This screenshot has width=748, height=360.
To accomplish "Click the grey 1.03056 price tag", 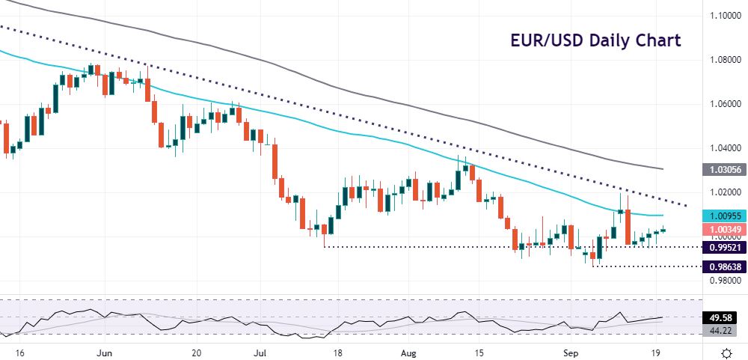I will [723, 170].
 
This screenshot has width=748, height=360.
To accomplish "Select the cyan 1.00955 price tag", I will [723, 214].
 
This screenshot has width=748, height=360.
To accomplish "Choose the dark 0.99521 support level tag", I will [723, 246].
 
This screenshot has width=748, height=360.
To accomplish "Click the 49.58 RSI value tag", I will [723, 317].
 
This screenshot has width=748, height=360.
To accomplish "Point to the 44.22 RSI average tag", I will [723, 330].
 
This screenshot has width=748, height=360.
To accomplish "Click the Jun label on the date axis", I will [105, 351].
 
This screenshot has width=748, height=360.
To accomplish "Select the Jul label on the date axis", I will [259, 351].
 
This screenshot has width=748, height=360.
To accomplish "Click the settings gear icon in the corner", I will [726, 352].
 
